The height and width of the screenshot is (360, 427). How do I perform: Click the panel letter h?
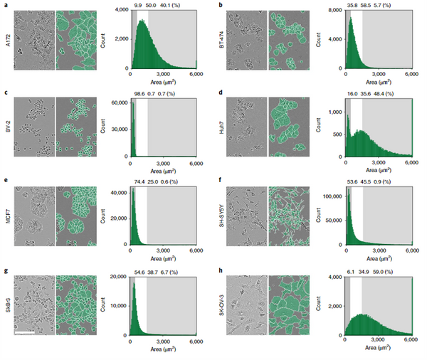221,270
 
